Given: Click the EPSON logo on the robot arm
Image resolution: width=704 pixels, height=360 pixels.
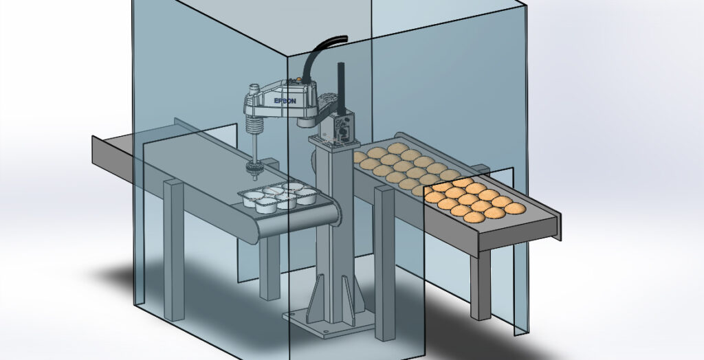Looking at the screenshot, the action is coord(285,101).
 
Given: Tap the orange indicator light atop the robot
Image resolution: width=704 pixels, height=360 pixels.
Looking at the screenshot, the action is coord(297,80).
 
